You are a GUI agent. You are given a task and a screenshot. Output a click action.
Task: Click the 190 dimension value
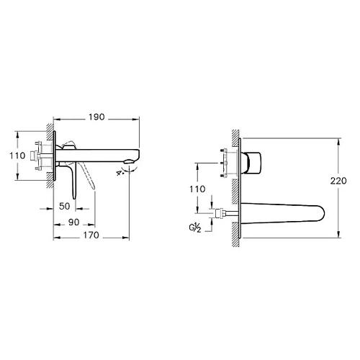point(96,115)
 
